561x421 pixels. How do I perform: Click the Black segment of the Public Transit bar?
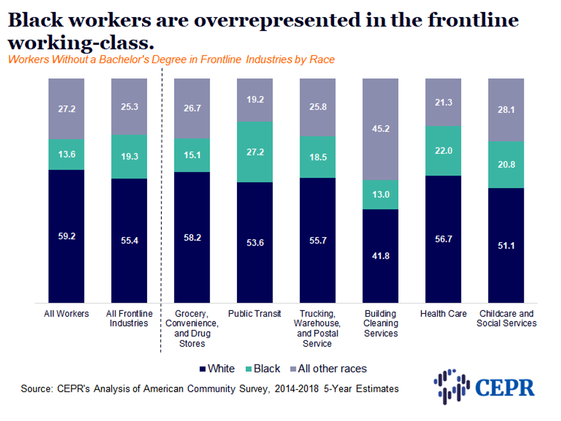(x=255, y=151)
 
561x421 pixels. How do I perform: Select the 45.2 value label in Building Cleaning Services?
(x=381, y=129)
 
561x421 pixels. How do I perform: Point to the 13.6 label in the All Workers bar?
(x=66, y=154)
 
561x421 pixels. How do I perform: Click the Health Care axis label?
(x=443, y=314)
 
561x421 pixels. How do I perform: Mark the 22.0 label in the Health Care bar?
(x=443, y=150)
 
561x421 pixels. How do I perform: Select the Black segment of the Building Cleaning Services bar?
(x=381, y=195)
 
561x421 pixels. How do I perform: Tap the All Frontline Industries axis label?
(x=129, y=318)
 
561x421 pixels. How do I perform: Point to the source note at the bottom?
(x=210, y=389)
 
